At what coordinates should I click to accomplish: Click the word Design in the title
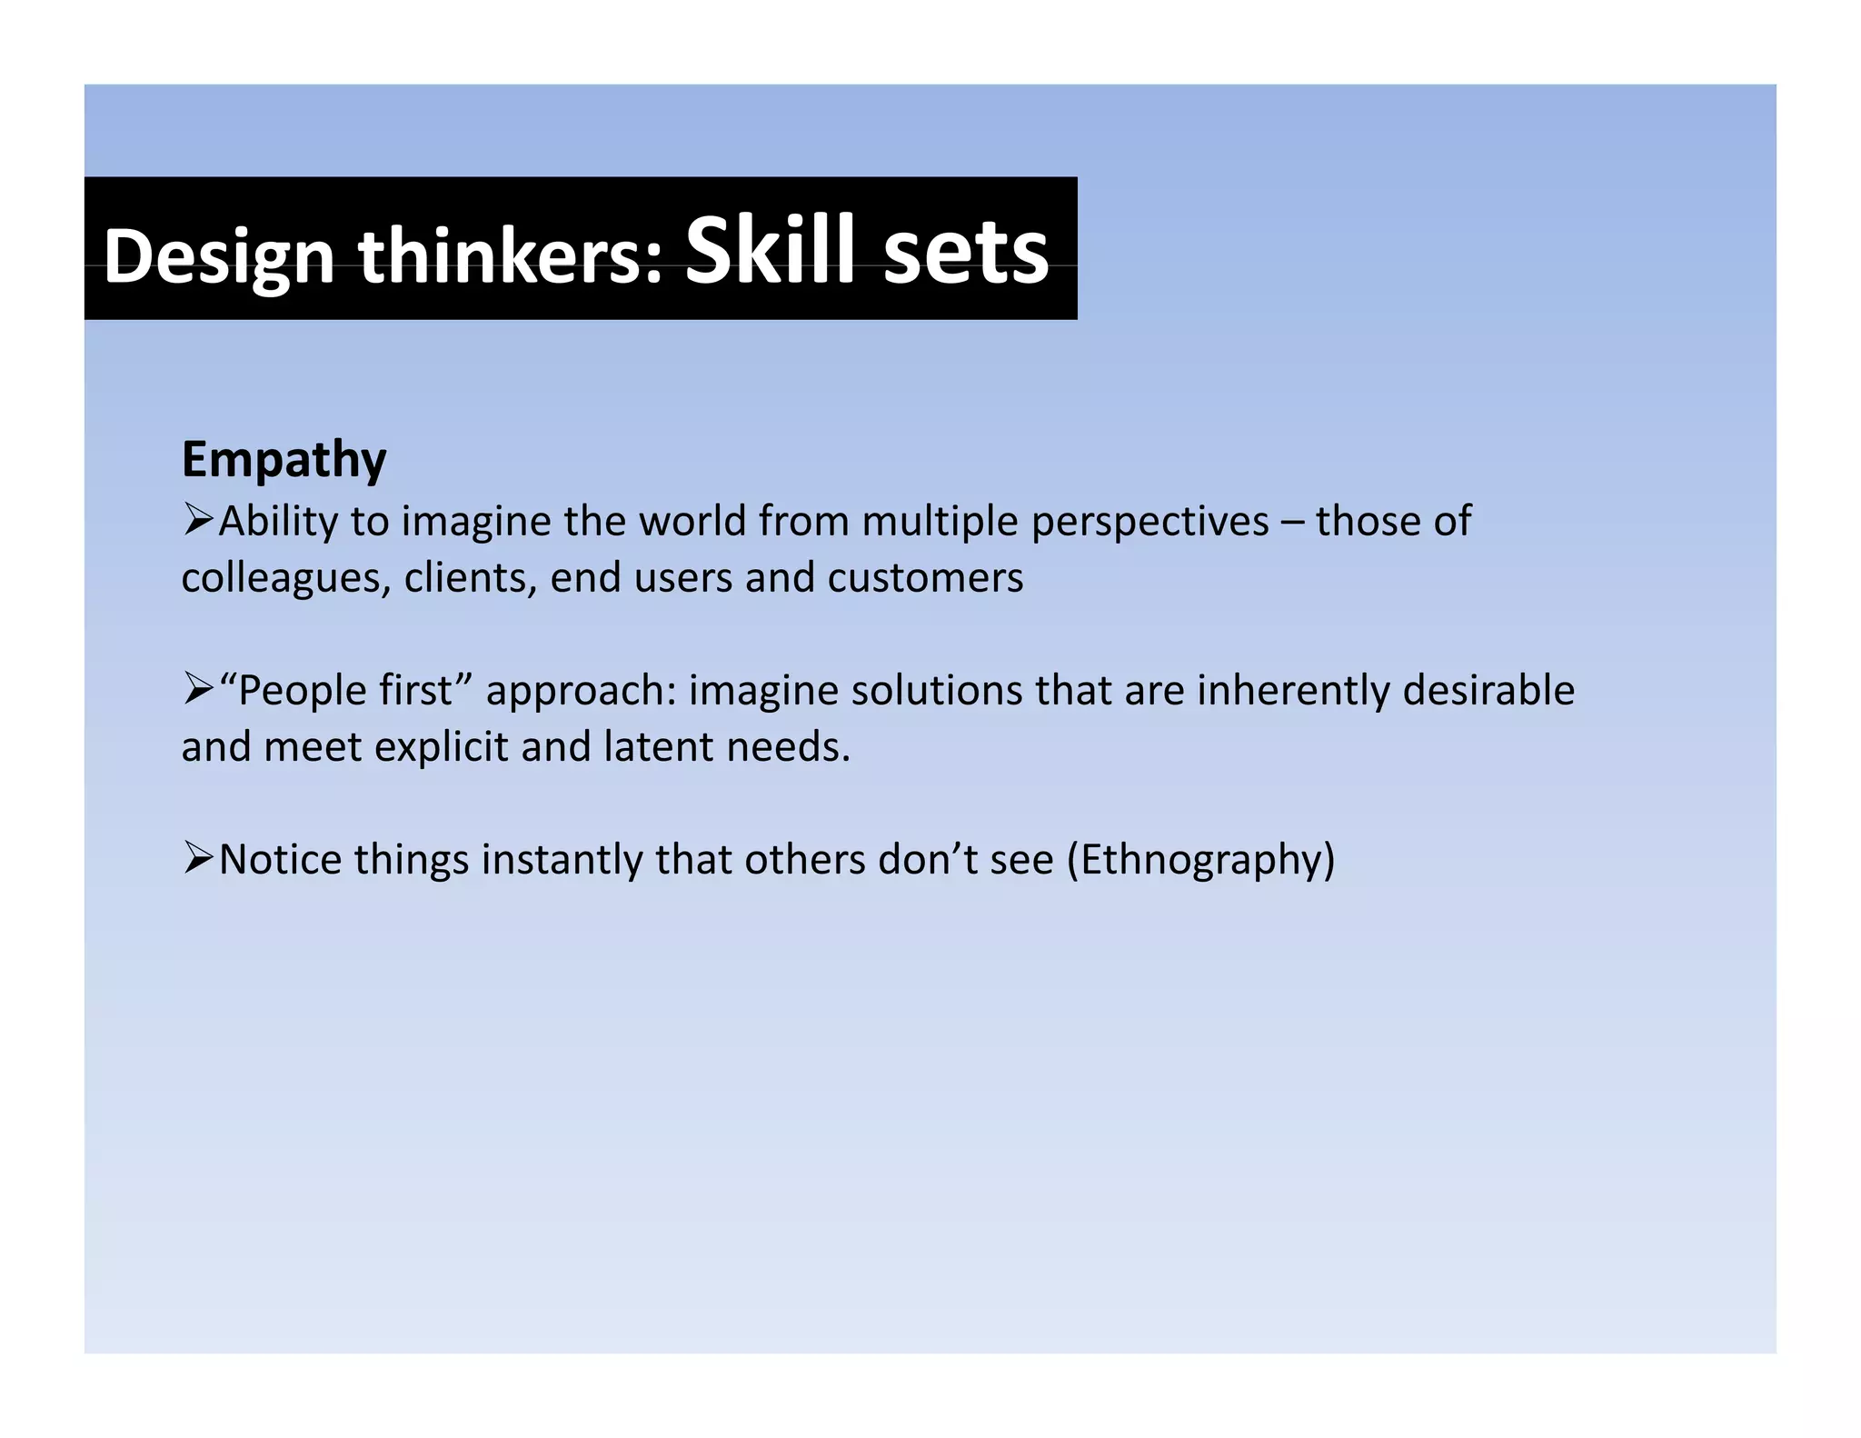[219, 257]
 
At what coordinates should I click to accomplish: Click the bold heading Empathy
[284, 460]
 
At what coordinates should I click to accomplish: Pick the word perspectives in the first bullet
[1150, 522]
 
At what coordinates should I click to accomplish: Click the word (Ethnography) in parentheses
[1200, 859]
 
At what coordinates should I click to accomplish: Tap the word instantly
[562, 859]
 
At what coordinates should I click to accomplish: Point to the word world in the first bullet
[692, 521]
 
